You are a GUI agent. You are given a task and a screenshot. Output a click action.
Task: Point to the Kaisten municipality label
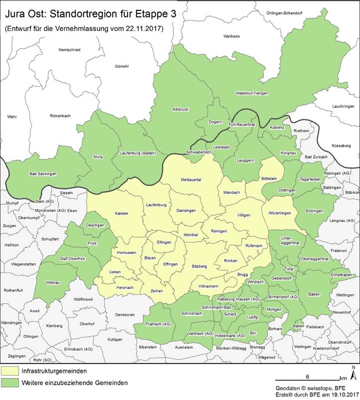pyautogui.click(x=121, y=213)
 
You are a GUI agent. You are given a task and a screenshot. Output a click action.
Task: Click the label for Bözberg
pyautogui.click(x=199, y=266)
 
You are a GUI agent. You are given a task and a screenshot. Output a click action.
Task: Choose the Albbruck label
pyautogui.click(x=180, y=109)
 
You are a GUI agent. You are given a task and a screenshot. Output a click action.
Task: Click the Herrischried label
pyautogui.click(x=69, y=49)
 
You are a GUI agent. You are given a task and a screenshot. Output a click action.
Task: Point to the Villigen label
pyautogui.click(x=244, y=214)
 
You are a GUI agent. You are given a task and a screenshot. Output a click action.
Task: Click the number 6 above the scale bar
pyautogui.click(x=308, y=376)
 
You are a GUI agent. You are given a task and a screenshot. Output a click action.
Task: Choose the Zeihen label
pyautogui.click(x=157, y=291)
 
